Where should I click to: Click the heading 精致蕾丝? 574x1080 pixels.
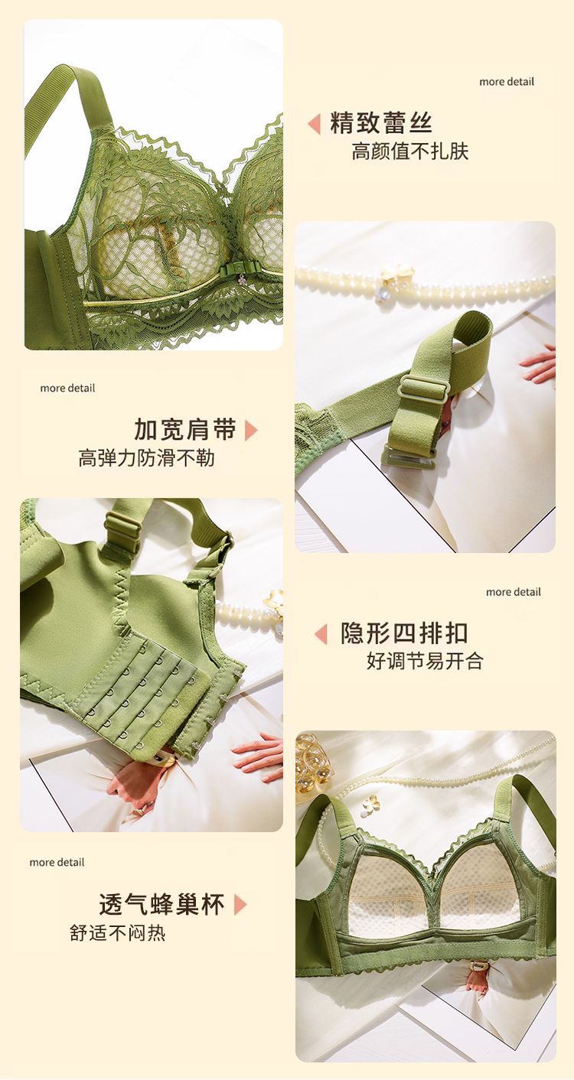coord(380,123)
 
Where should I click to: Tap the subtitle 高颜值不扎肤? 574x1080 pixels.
coord(410,151)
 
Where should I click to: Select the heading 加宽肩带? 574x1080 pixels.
coord(185,430)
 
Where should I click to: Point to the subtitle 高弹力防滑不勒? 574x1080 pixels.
coord(147,458)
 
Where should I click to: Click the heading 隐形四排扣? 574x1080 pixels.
coord(404,633)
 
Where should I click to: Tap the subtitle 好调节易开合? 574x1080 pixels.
coord(425,661)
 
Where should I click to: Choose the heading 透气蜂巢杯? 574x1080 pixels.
coord(162,904)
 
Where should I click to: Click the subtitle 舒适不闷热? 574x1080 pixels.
coord(118,932)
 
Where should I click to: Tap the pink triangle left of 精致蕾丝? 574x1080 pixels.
coord(314,123)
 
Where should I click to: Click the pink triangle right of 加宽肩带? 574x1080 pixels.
coord(251,431)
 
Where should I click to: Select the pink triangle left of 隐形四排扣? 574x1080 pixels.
coord(321,634)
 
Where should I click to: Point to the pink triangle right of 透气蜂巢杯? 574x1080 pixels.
coord(240,905)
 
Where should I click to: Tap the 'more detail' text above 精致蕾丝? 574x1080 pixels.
coord(507,82)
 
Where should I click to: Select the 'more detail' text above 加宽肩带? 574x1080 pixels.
coord(67,388)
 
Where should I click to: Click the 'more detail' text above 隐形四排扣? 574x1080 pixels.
coord(514,592)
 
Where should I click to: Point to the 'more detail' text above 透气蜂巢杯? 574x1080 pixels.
coord(57,863)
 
